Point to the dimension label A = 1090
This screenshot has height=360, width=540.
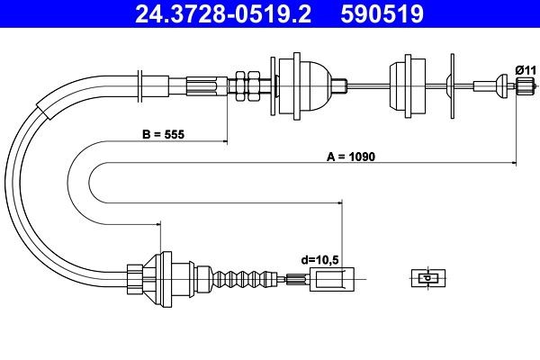[350, 156]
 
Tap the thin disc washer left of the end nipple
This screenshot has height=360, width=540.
[450, 85]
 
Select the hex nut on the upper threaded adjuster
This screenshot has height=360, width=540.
[241, 85]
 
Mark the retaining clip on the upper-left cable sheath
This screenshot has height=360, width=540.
[140, 85]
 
